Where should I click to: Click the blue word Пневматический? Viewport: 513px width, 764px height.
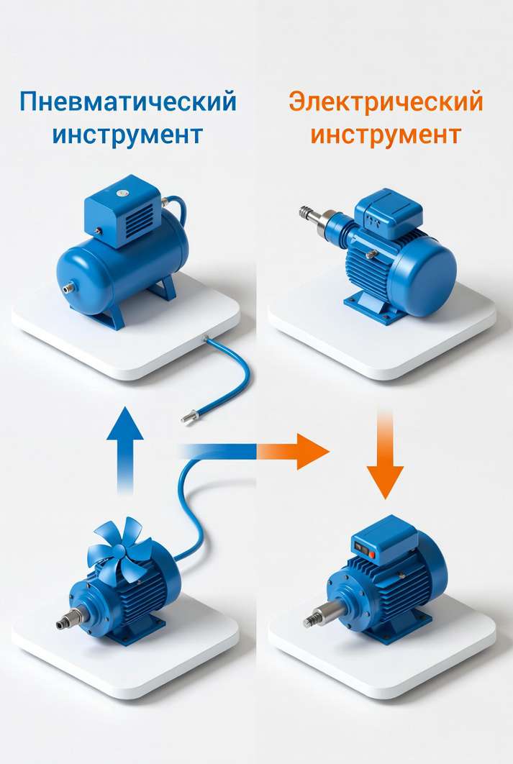128,102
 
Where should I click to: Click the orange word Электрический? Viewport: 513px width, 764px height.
386,102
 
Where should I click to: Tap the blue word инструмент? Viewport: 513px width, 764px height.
127,135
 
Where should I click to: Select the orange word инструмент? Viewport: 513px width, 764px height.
386,135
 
